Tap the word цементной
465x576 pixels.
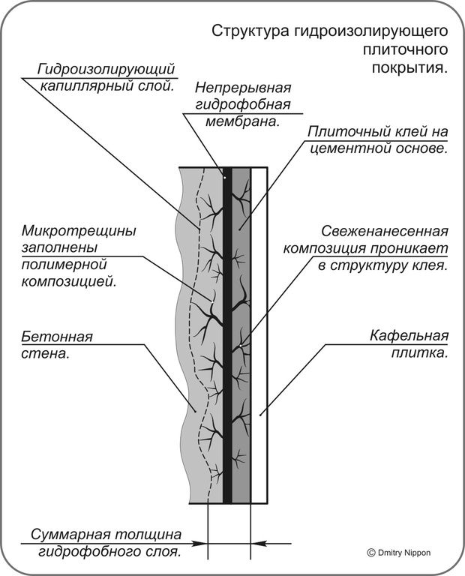[x=346, y=148]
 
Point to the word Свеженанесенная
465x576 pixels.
[x=385, y=231]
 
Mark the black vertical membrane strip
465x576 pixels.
[x=227, y=337]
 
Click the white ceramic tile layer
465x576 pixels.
[x=259, y=337]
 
